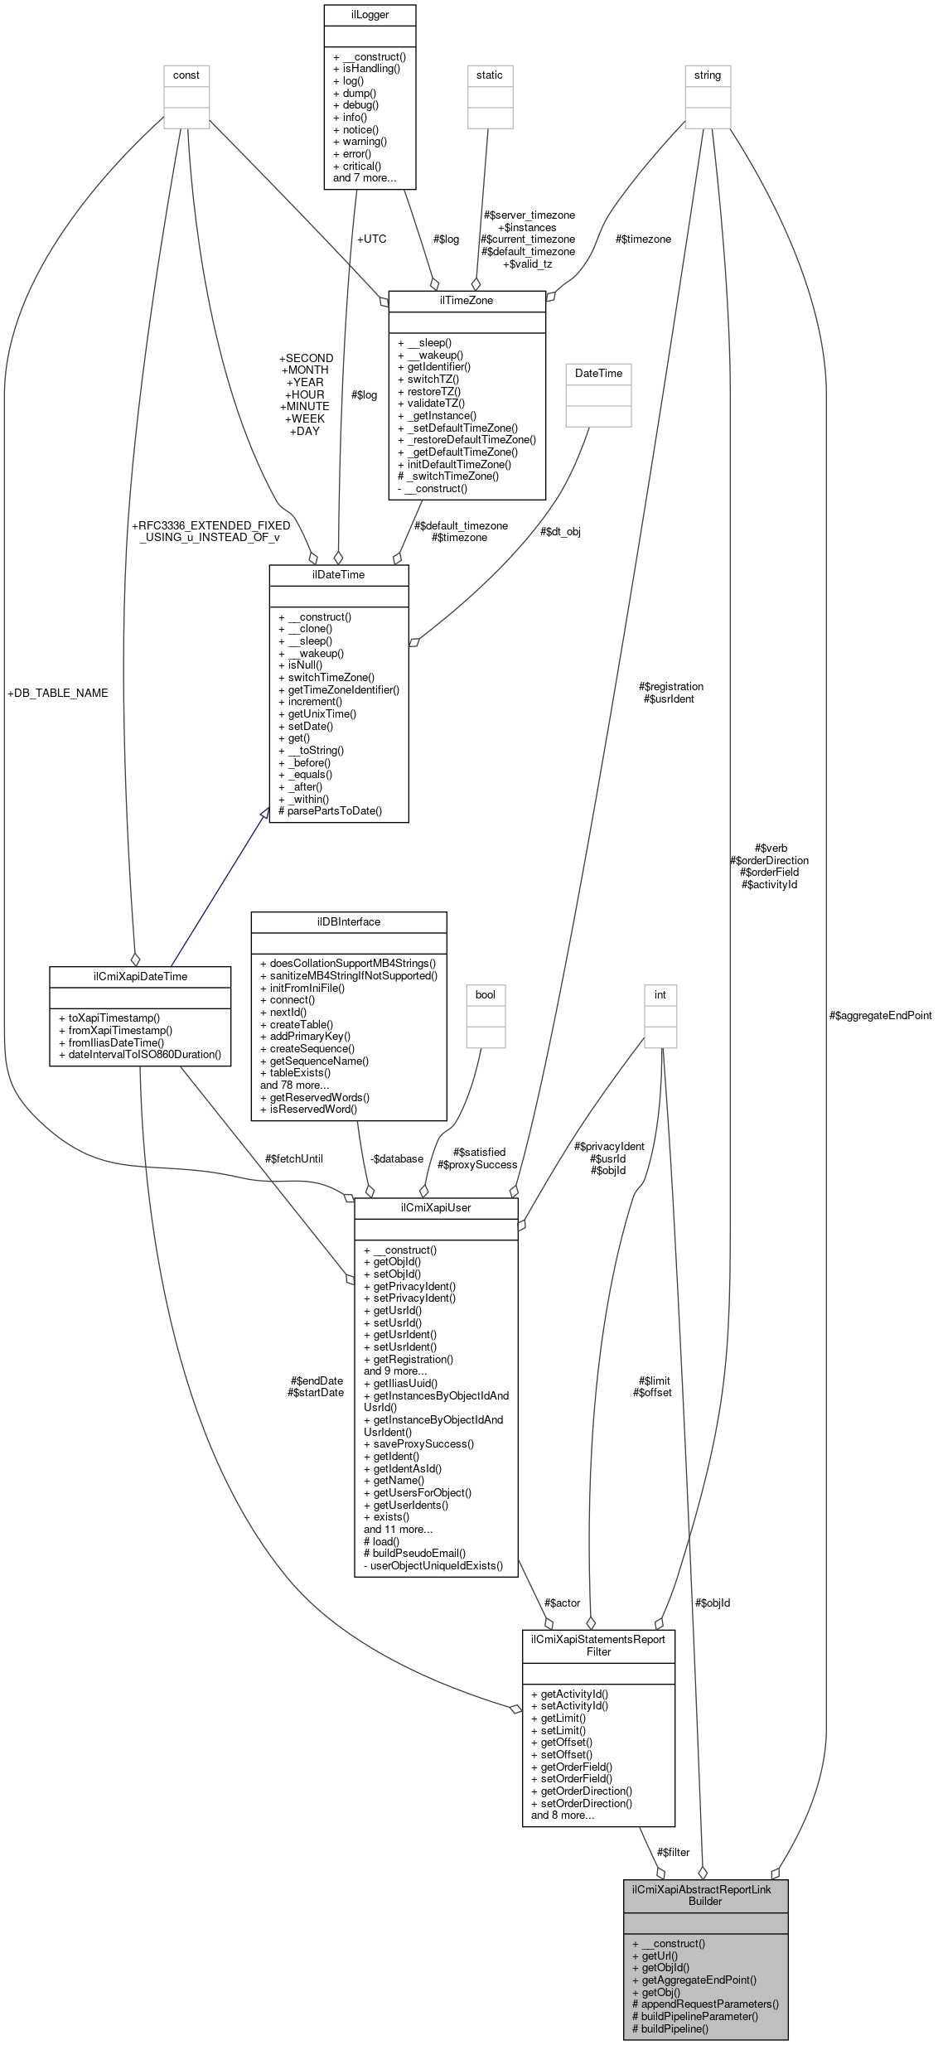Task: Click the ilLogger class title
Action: tap(370, 14)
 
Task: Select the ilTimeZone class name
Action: tap(467, 300)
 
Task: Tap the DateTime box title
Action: tap(598, 373)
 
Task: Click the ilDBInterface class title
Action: tap(349, 921)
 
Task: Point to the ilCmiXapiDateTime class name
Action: tap(140, 976)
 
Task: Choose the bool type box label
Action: tap(486, 994)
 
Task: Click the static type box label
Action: tap(490, 75)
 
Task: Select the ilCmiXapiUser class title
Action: tap(436, 1207)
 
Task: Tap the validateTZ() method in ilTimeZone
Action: tap(431, 403)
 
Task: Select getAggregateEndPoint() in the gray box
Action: tap(694, 1980)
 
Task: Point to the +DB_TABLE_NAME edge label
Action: tap(57, 693)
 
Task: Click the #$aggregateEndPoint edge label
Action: tap(880, 1015)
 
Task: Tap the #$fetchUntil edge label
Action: tap(294, 1158)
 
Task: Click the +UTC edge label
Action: tap(371, 239)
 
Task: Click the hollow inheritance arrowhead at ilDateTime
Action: tap(264, 814)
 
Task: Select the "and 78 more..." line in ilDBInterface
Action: tap(295, 1085)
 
